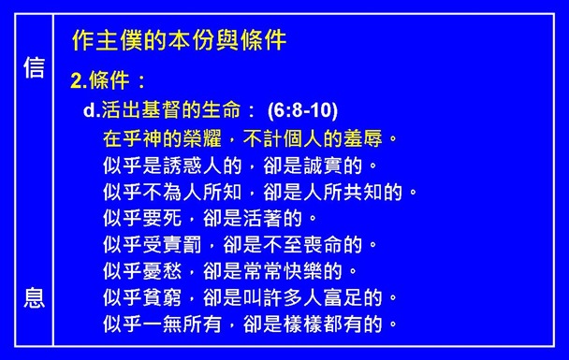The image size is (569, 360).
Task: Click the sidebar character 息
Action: coord(34,299)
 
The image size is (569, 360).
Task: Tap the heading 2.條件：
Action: coord(108,81)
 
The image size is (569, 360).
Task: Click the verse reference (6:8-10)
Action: coord(302,109)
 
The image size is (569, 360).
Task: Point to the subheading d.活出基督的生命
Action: coord(169,109)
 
